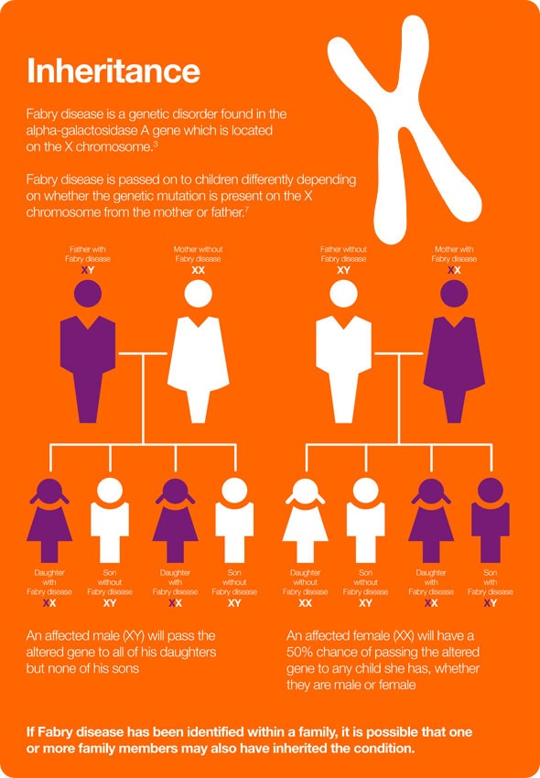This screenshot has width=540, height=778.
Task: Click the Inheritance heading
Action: coord(113,71)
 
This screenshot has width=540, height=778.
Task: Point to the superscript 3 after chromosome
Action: coord(156,144)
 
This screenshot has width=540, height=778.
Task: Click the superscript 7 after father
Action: coord(247,210)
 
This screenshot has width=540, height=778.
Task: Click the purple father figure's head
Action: coord(88,293)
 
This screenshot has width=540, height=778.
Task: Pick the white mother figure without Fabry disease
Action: coord(198,351)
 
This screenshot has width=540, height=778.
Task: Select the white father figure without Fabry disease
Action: coord(343,351)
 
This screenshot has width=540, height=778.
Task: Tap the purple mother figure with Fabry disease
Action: coord(454,351)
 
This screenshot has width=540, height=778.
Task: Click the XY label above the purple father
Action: coord(88,270)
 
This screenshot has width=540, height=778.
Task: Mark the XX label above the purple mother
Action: coord(454,270)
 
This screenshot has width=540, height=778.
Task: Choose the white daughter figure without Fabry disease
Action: coord(306,520)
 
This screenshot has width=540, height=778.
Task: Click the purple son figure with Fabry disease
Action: coord(491,520)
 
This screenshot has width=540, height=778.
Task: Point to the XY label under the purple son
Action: coord(491,603)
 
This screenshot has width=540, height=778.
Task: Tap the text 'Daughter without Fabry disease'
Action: coord(306,582)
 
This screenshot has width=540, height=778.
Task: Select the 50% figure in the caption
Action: coord(299,652)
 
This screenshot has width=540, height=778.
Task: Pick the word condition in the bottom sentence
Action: coord(383,748)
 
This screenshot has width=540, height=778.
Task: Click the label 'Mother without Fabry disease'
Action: coord(198,254)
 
